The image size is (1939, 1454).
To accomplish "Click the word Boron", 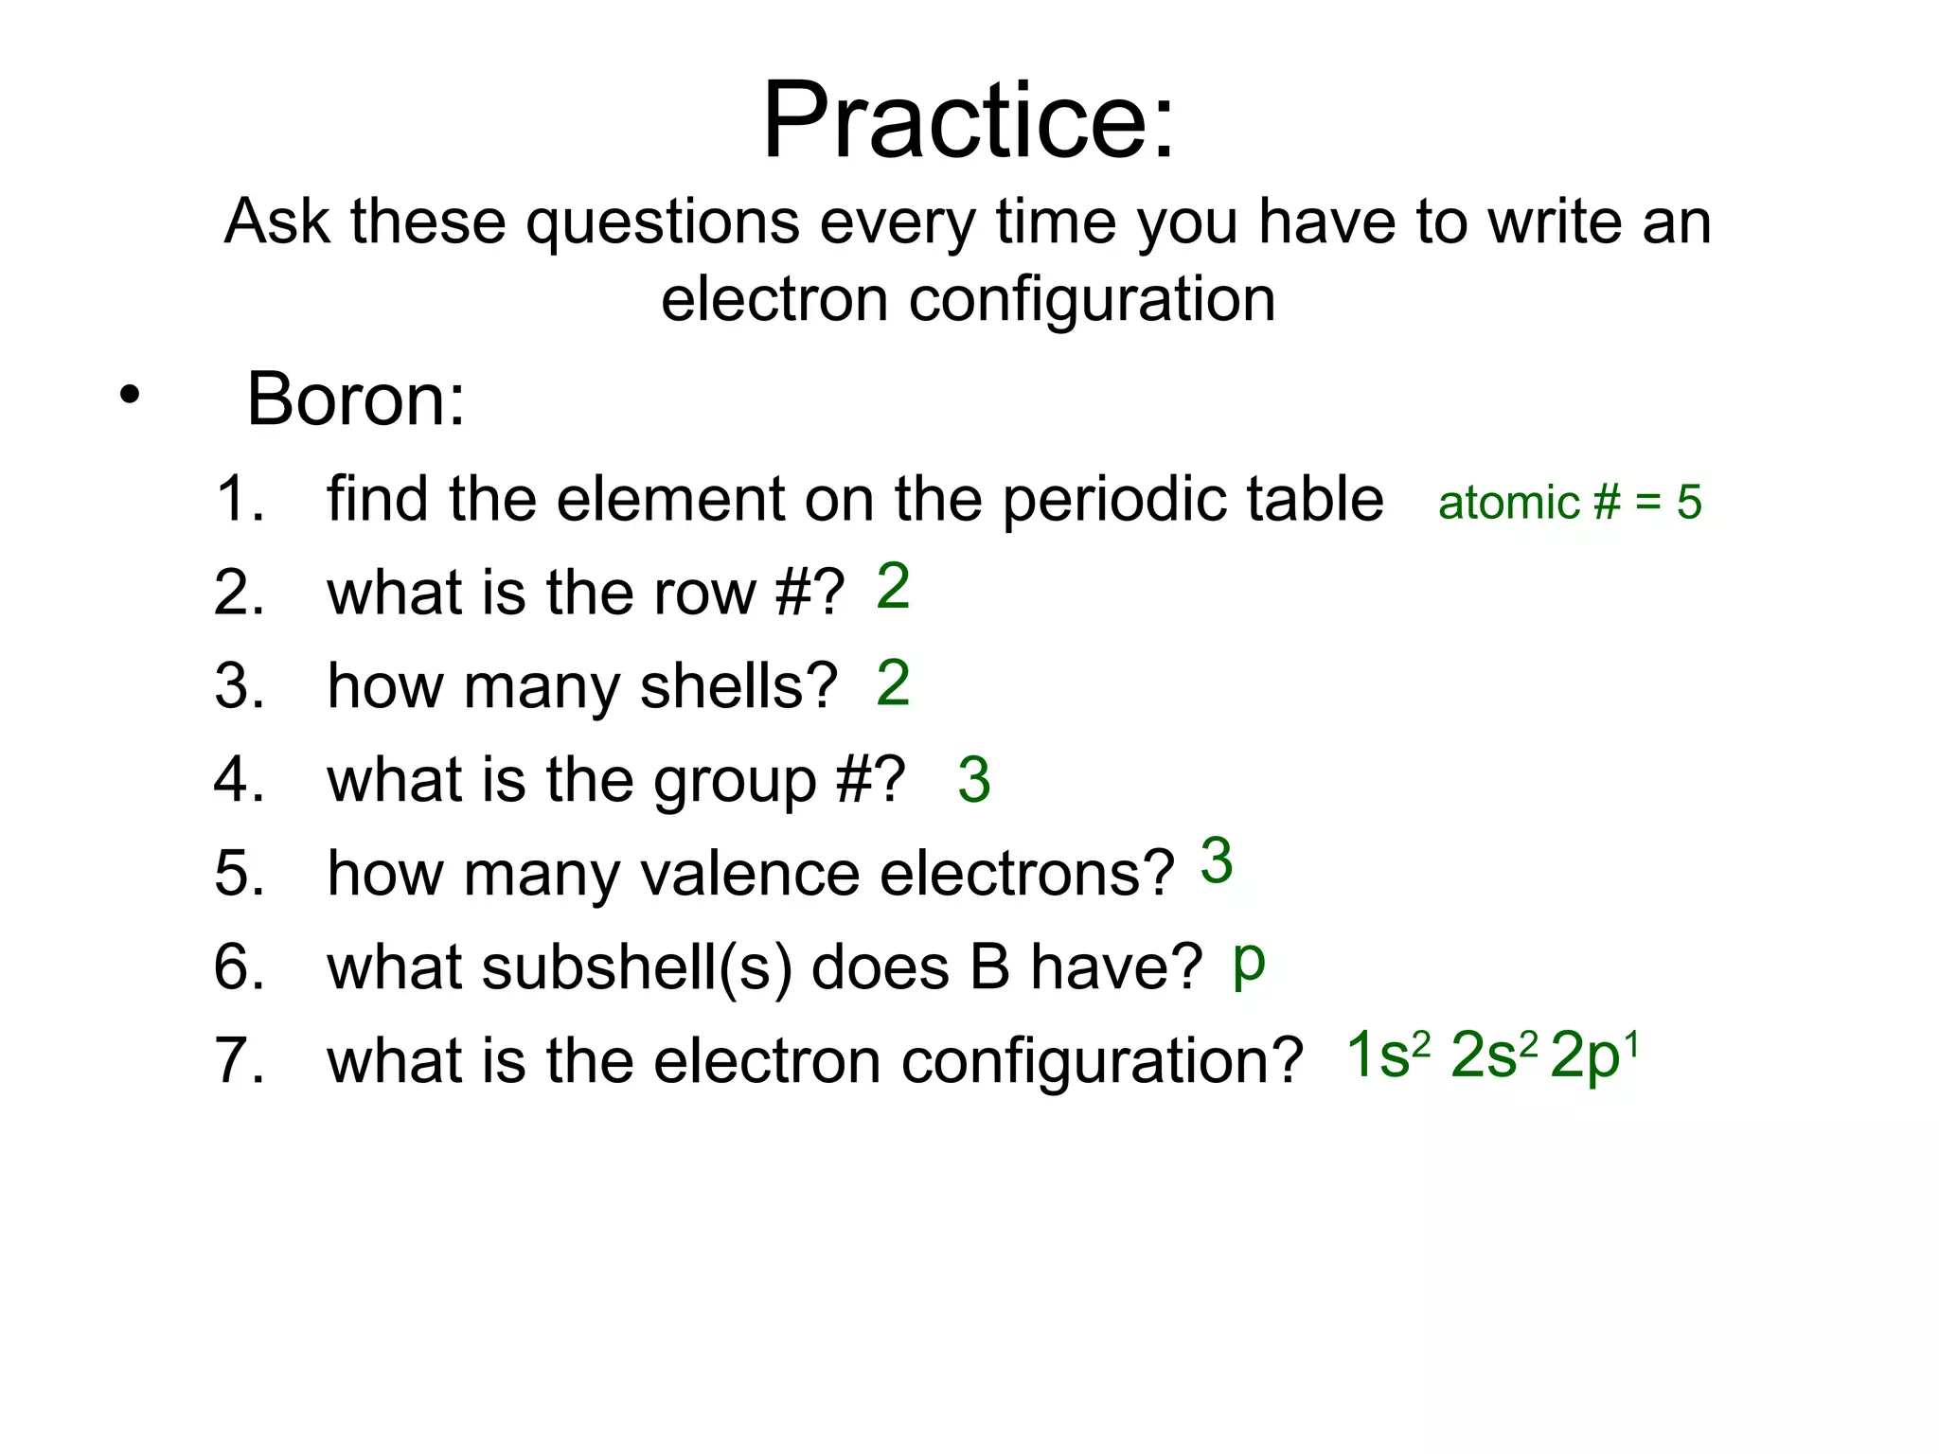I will (x=355, y=399).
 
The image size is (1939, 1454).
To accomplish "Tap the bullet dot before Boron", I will (x=130, y=395).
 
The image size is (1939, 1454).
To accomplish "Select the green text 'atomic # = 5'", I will (x=1569, y=502).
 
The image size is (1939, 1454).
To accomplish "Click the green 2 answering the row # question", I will (x=893, y=586).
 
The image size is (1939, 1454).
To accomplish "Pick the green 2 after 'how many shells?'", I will (x=893, y=683).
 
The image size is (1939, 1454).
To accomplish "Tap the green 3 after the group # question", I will (x=974, y=780).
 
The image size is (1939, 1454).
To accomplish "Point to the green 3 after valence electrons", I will (x=1217, y=861).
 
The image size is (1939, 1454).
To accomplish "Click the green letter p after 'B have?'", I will (x=1249, y=964).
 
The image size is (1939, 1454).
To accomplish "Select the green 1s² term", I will (x=1387, y=1055).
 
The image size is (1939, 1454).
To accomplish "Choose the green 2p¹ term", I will (x=1594, y=1055).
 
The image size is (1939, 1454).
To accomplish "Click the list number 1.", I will (x=237, y=499).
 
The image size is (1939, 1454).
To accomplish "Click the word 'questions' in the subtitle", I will (x=663, y=222).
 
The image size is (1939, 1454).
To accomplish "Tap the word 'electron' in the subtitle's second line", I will (x=774, y=299).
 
